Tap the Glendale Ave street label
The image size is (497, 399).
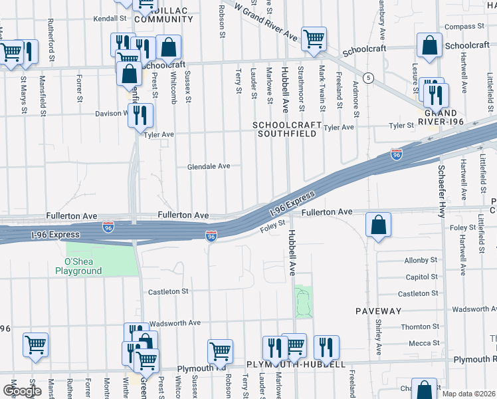(208, 166)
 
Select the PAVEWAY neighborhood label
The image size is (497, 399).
(378, 311)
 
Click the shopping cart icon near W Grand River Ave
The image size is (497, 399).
(314, 39)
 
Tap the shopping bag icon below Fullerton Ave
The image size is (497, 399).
(378, 225)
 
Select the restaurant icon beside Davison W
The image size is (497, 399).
(140, 115)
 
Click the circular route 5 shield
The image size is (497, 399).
(368, 78)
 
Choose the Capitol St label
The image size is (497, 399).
(417, 277)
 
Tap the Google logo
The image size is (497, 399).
(22, 391)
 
